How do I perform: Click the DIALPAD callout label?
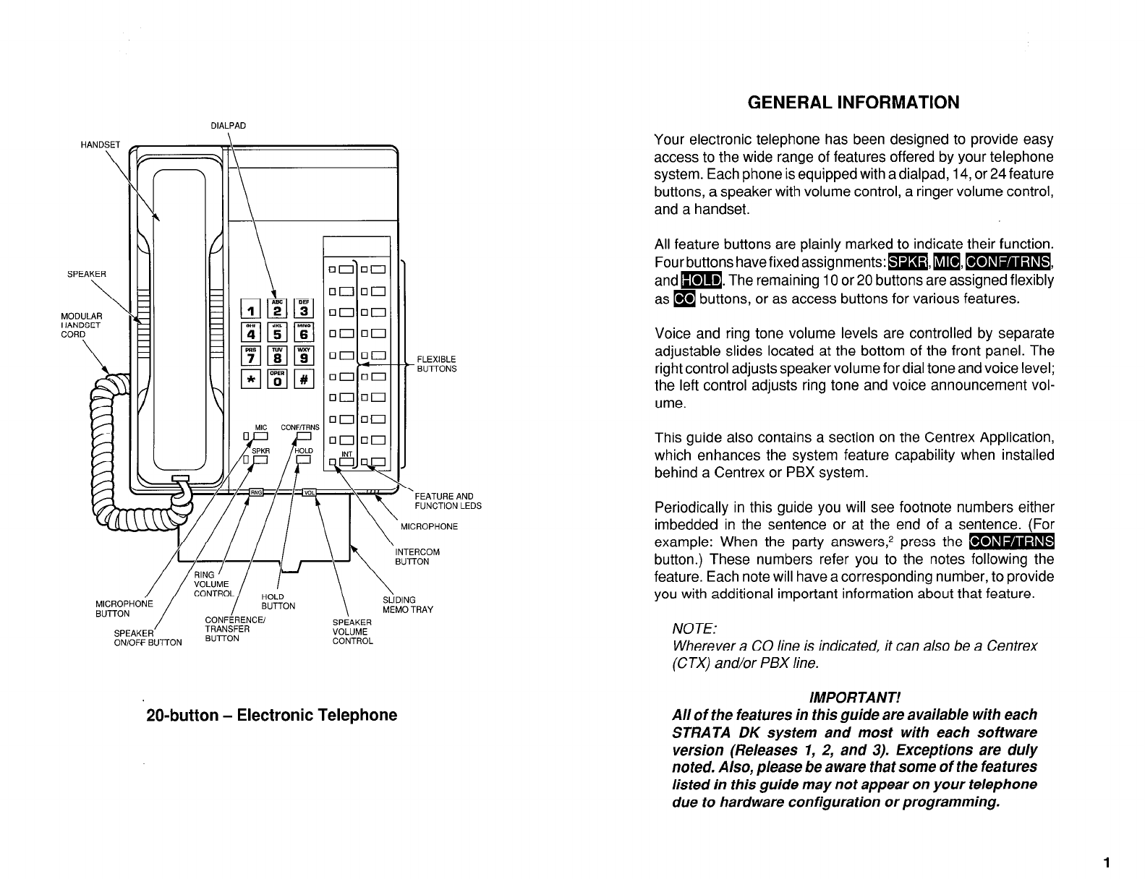tap(228, 125)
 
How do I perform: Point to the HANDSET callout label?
tap(100, 144)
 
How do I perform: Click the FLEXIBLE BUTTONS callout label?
tap(437, 364)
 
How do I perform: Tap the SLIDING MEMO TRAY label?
tap(407, 604)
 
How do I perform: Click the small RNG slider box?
tap(256, 492)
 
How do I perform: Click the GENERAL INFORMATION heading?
tap(854, 103)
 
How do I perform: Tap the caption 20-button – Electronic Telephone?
tap(272, 715)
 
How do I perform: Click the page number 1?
tap(1107, 861)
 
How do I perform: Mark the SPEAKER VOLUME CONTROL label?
tap(352, 632)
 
